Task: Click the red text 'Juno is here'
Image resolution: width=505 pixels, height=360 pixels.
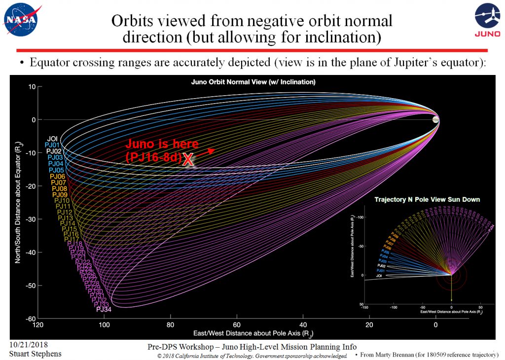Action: (162, 144)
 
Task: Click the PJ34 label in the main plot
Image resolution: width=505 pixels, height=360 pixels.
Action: (104, 309)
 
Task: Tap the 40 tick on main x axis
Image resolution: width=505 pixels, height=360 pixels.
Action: (303, 325)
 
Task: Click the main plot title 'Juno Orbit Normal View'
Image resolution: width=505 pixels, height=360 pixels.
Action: (253, 82)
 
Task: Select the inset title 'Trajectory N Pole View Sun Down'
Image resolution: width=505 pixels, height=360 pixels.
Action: (427, 200)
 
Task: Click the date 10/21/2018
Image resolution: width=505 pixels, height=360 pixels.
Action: (28, 345)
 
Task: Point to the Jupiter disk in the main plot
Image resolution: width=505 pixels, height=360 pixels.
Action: (435, 120)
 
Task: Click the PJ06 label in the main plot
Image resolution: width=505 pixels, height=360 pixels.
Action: (58, 177)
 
